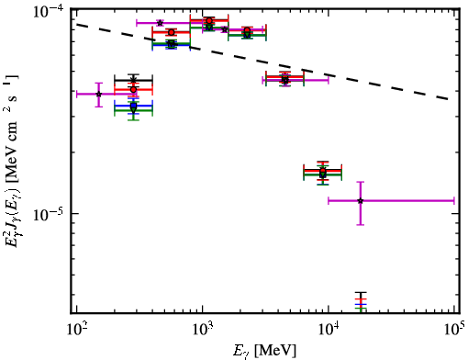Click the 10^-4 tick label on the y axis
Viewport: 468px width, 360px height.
click(49, 12)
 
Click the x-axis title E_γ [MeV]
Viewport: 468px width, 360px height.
click(264, 351)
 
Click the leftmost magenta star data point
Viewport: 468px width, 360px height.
click(98, 94)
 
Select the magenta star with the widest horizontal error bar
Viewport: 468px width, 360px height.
click(361, 201)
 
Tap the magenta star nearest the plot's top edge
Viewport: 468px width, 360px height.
click(160, 23)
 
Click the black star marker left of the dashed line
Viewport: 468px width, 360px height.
click(133, 80)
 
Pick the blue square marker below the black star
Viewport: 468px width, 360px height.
click(133, 106)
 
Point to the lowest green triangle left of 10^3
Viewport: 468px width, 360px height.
click(133, 110)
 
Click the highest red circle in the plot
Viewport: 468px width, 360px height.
click(209, 21)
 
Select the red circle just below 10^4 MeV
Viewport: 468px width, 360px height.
click(323, 170)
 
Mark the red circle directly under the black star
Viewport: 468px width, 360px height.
click(133, 89)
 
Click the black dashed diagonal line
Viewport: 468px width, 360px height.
click(262, 62)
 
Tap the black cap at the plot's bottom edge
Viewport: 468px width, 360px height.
click(361, 293)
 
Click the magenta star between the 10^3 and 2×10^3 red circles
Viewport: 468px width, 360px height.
click(225, 29)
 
